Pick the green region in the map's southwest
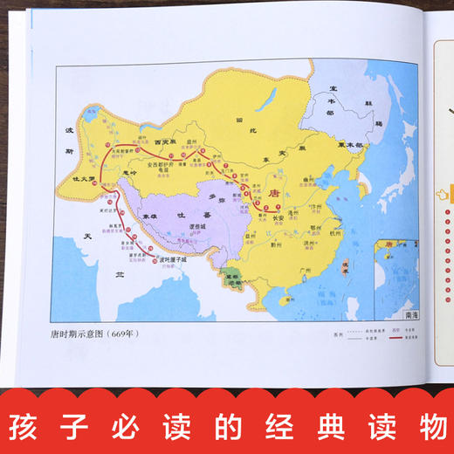click(x=231, y=277)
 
